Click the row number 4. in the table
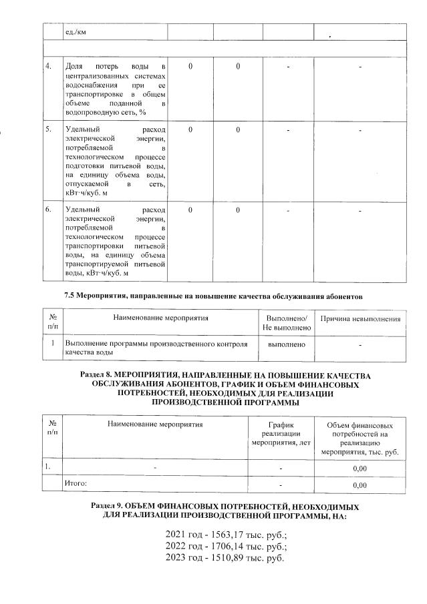[x=47, y=66]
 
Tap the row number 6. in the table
[x=47, y=210]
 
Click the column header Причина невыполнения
[x=361, y=319]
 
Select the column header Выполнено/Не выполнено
[x=287, y=323]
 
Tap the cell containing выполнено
[x=287, y=344]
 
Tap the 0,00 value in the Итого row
[x=360, y=485]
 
